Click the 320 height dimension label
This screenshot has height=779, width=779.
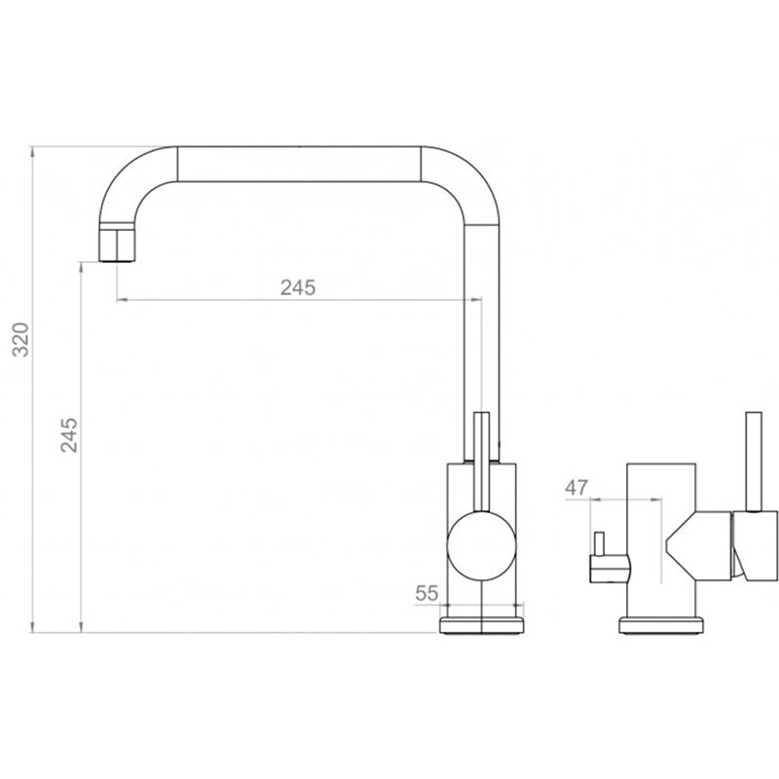click(x=20, y=339)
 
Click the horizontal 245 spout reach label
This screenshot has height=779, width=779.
click(x=298, y=287)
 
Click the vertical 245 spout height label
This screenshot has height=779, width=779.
click(x=69, y=435)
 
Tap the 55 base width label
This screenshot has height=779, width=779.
click(x=427, y=593)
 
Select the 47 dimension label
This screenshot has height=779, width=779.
click(x=576, y=488)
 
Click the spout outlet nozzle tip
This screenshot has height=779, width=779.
click(x=117, y=245)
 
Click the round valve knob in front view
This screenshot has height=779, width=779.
click(x=481, y=545)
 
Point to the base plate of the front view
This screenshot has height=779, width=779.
click(x=481, y=625)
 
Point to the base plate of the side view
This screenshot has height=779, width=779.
click(x=661, y=625)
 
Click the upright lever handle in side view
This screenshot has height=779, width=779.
click(x=754, y=462)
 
